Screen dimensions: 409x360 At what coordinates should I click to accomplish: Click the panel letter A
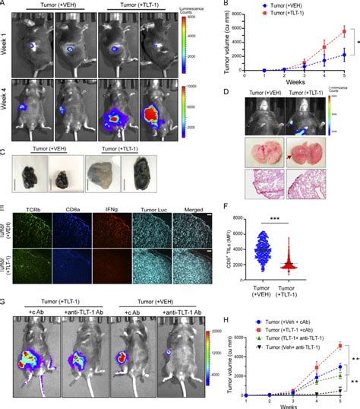click(4, 4)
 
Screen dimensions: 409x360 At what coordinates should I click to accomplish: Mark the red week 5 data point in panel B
click(344, 31)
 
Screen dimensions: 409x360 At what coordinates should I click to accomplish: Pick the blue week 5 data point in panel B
click(344, 55)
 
